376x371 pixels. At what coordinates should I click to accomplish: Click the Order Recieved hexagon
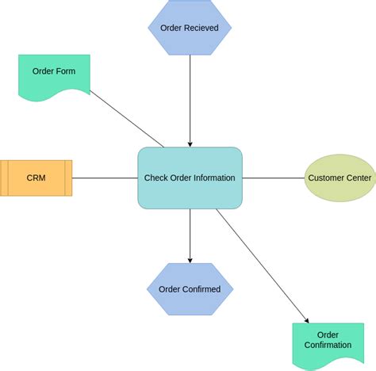[190, 28]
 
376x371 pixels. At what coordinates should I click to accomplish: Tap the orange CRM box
[36, 178]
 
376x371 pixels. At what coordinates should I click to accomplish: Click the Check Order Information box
[190, 178]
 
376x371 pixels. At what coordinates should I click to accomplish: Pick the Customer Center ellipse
[340, 178]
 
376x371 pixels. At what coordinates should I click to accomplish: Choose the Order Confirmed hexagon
[190, 289]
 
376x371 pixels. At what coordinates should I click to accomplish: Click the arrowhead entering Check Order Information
[190, 143]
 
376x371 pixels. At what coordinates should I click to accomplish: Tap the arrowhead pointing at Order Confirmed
[190, 259]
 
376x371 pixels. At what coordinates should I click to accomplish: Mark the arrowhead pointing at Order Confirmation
[306, 319]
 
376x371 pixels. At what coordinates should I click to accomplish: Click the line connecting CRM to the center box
[105, 178]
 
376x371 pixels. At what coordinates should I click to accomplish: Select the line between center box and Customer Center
[274, 178]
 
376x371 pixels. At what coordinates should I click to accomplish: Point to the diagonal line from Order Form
[127, 119]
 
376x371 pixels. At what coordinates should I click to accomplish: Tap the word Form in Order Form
[66, 71]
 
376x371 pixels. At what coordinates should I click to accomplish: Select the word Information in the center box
[210, 178]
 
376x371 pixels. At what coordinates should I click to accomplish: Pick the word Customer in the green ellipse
[325, 178]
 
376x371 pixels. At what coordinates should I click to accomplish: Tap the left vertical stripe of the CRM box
[3, 178]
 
